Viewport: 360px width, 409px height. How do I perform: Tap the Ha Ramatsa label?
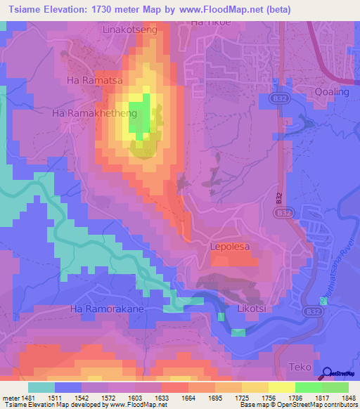(95, 81)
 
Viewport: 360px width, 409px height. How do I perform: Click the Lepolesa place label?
(231, 247)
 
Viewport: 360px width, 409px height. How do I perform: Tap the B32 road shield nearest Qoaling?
(275, 101)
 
